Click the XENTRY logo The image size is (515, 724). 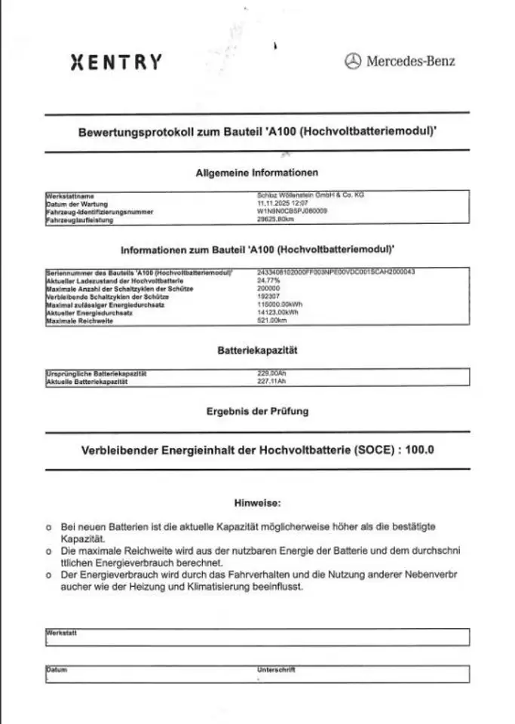tap(115, 62)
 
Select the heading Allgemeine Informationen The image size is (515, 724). tap(257, 173)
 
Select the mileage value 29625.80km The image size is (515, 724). tap(275, 220)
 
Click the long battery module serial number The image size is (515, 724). tap(336, 271)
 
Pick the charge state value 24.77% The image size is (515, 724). tap(268, 280)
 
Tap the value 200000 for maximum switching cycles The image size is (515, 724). tap(269, 288)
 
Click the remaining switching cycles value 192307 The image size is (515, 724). tap(269, 296)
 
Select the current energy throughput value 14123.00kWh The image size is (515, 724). tap(277, 312)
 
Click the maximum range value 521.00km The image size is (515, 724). tap(274, 321)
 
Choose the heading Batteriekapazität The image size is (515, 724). tap(257, 350)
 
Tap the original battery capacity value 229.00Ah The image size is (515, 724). tap(273, 373)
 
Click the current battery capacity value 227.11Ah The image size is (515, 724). tap(273, 382)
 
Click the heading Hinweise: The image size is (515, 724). tap(257, 502)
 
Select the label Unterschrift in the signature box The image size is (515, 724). tap(276, 669)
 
